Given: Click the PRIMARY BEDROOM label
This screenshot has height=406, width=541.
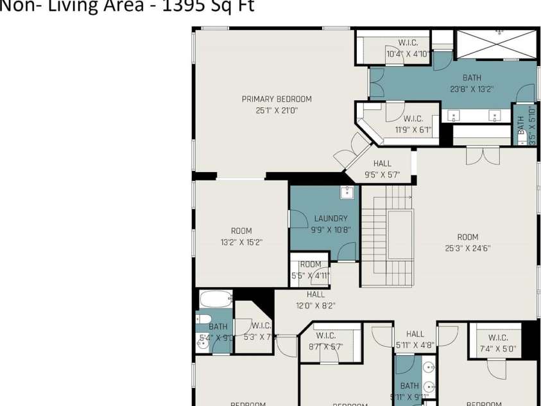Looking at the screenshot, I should click(x=277, y=99).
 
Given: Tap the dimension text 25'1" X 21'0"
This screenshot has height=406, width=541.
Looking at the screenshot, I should click(x=277, y=110).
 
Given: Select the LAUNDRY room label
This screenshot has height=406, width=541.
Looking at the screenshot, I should click(x=331, y=218).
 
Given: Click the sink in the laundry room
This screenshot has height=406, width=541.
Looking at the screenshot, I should click(x=347, y=192).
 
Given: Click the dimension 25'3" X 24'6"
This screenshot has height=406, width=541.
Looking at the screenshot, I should click(x=467, y=248).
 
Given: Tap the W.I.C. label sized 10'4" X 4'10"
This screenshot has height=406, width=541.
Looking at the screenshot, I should click(x=408, y=43).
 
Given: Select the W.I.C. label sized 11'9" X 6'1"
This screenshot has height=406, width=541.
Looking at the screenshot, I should click(x=413, y=119).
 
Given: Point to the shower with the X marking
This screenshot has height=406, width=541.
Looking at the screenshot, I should click(x=495, y=44).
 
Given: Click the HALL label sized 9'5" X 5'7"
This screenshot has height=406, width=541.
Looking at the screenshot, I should click(x=382, y=164).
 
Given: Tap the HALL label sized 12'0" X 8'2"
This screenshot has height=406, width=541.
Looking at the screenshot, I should click(x=315, y=294).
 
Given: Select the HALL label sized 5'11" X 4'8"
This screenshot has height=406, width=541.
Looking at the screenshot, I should click(x=415, y=334).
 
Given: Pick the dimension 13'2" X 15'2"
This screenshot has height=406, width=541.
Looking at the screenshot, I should click(x=241, y=242).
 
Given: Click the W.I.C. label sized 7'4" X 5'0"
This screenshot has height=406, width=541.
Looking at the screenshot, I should click(x=498, y=338).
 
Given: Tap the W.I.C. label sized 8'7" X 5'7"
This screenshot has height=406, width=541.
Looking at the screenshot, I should click(x=325, y=335).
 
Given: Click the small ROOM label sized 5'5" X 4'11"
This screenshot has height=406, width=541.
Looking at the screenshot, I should click(x=311, y=264).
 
